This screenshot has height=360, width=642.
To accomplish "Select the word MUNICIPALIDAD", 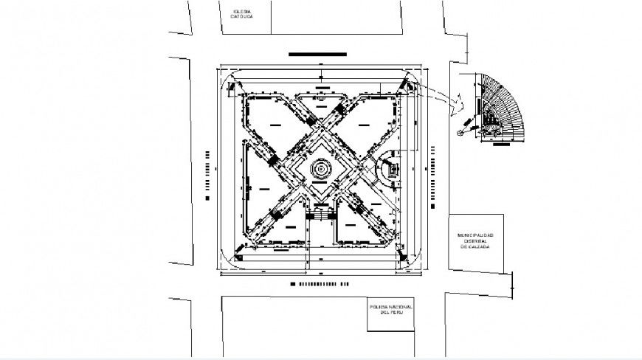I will coord(476,235).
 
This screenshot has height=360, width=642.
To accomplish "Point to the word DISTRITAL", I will coord(476,241).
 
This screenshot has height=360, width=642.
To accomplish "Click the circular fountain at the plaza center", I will coord(321,170).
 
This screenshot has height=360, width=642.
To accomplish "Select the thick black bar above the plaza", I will coord(318,54).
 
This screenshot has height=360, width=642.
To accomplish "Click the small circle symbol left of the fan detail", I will coord(461,132).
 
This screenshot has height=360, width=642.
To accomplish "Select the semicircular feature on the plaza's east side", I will coord(388,170).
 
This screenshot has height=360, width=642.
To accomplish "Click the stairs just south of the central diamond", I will coord(321,214).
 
